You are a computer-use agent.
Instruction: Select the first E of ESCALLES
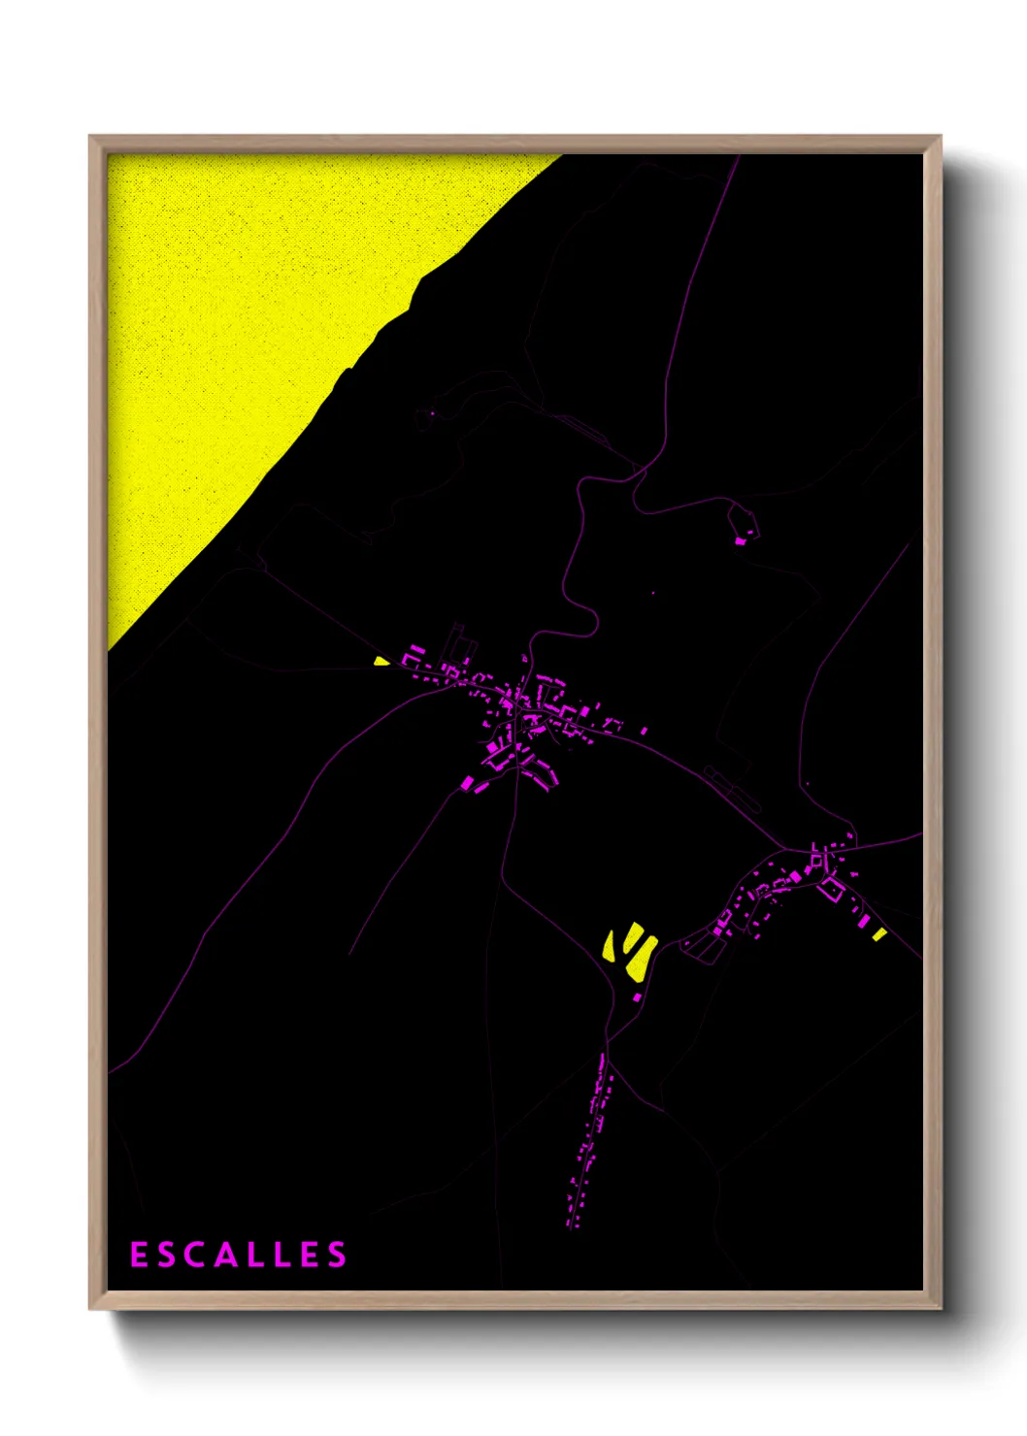pyautogui.click(x=139, y=1255)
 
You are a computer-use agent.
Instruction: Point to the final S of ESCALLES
pyautogui.click(x=336, y=1255)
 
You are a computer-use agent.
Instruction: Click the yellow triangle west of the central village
pyautogui.click(x=381, y=662)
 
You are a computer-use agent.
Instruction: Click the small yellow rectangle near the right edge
pyautogui.click(x=878, y=934)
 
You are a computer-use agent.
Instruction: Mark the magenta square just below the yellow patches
pyautogui.click(x=637, y=996)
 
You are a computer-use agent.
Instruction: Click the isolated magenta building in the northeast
pyautogui.click(x=740, y=540)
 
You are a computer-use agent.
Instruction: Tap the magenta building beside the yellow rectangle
pyautogui.click(x=864, y=923)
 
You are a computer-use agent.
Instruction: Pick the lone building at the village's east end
pyautogui.click(x=643, y=730)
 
